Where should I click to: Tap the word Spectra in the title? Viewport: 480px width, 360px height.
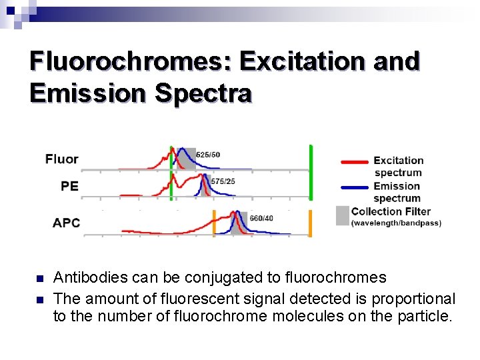203,93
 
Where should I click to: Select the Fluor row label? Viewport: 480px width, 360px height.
62,159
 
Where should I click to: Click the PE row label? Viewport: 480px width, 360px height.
69,186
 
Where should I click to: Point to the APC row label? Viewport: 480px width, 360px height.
66,223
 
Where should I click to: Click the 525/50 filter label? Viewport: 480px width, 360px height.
208,155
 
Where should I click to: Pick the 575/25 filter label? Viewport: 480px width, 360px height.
223,181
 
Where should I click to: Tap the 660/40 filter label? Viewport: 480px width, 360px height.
261,218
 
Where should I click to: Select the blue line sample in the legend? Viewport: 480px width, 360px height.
354,187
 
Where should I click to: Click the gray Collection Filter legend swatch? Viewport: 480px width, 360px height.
343,215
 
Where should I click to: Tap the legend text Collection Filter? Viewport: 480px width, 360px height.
391,211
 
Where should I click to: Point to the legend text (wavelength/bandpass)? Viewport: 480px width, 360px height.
396,223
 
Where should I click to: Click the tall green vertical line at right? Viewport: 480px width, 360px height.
311,172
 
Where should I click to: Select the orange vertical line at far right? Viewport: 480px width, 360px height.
310,223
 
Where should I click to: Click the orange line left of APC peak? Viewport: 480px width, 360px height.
214,223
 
